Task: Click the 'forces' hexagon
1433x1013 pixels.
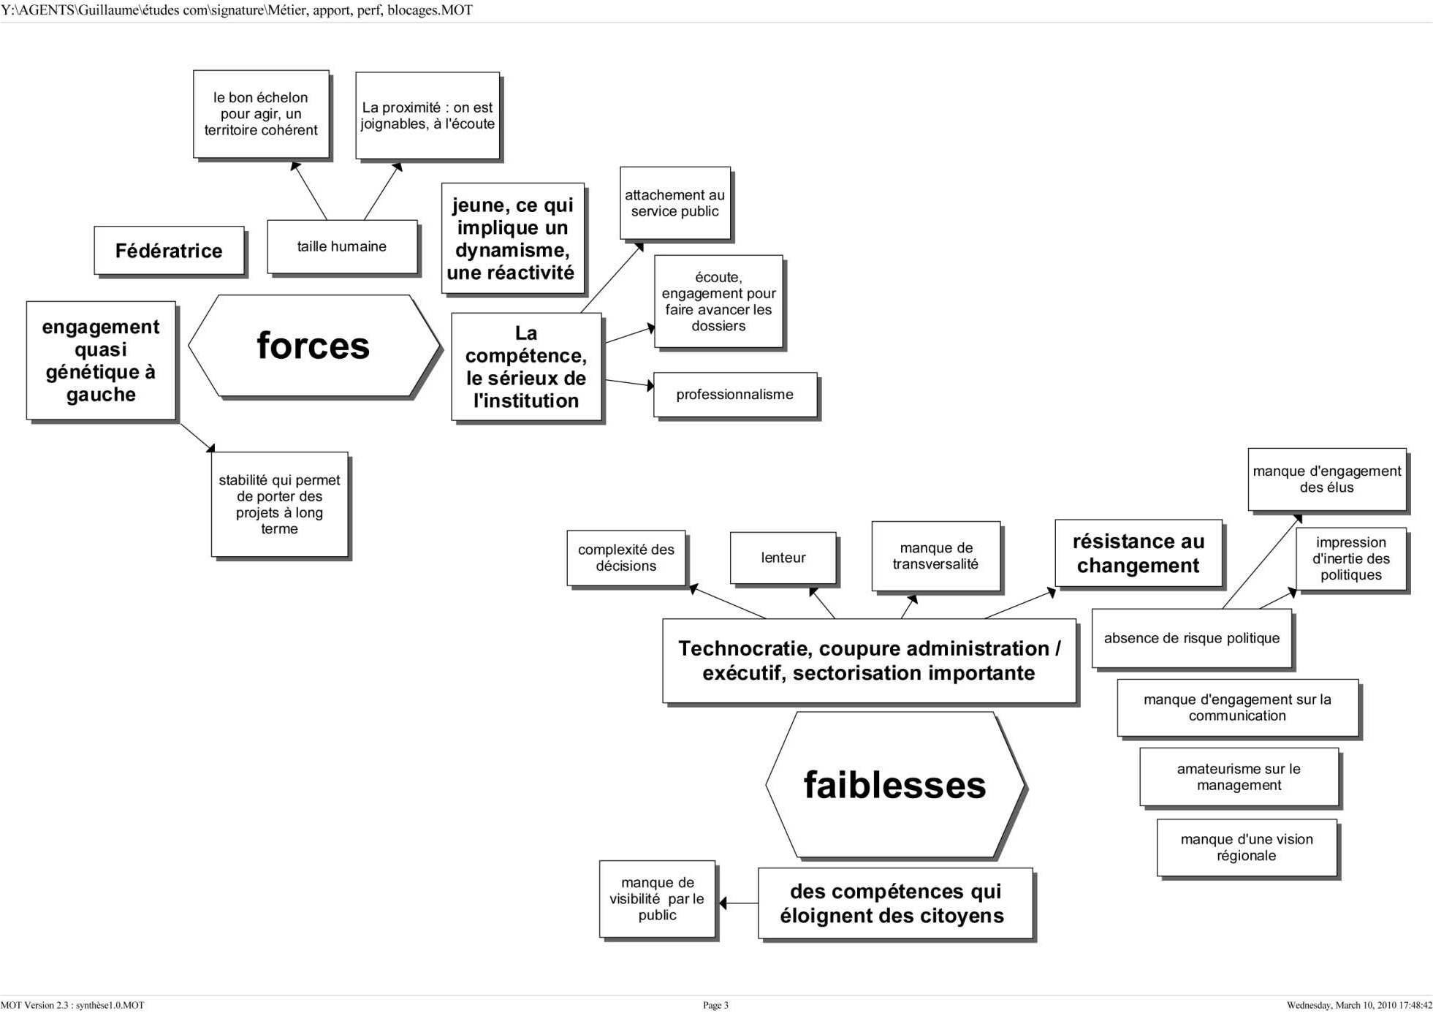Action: pyautogui.click(x=313, y=346)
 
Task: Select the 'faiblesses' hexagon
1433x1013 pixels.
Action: pyautogui.click(x=894, y=784)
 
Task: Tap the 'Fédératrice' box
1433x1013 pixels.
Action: pyautogui.click(x=169, y=251)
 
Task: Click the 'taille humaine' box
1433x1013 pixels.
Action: pyautogui.click(x=342, y=246)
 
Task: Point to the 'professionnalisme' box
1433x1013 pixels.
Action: pyautogui.click(x=734, y=395)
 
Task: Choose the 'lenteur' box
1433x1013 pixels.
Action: pyautogui.click(x=783, y=558)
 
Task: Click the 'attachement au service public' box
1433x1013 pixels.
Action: pyautogui.click(x=674, y=203)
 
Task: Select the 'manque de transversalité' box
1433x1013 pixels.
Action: pyautogui.click(x=935, y=555)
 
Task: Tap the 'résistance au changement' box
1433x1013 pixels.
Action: pyautogui.click(x=1138, y=553)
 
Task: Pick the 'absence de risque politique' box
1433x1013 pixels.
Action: pyautogui.click(x=1191, y=638)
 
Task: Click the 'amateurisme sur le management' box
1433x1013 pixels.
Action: pyautogui.click(x=1239, y=777)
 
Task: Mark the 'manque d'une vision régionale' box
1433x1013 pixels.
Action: pyautogui.click(x=1247, y=847)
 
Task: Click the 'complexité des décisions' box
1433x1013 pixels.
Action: pyautogui.click(x=626, y=558)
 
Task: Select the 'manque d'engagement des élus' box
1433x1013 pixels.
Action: pyautogui.click(x=1326, y=479)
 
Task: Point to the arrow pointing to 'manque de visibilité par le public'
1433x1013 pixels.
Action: pyautogui.click(x=737, y=903)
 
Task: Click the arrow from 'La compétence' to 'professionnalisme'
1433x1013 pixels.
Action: pyautogui.click(x=628, y=383)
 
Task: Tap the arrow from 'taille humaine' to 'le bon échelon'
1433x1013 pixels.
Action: pyautogui.click(x=309, y=191)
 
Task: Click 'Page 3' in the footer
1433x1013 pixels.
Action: pyautogui.click(x=715, y=1005)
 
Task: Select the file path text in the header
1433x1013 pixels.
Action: pyautogui.click(x=237, y=10)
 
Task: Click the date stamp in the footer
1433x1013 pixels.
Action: pyautogui.click(x=1358, y=1005)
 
